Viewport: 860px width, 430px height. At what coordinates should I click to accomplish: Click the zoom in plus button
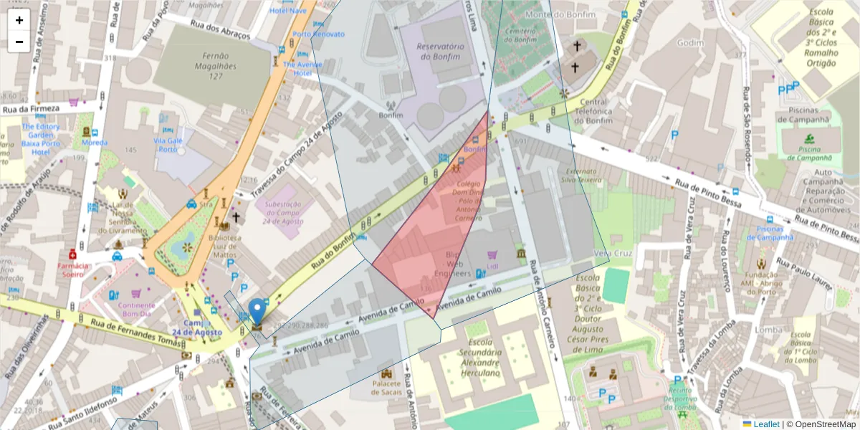[19, 20]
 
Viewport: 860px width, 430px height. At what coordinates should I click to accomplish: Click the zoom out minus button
[19, 41]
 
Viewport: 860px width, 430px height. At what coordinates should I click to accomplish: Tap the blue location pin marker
[257, 312]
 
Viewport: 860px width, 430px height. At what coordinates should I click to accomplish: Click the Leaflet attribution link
[765, 424]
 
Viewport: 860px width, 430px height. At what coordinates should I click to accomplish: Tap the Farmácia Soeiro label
[74, 269]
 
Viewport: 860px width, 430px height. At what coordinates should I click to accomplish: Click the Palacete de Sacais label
[387, 388]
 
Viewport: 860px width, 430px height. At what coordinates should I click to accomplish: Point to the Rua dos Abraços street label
[220, 29]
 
